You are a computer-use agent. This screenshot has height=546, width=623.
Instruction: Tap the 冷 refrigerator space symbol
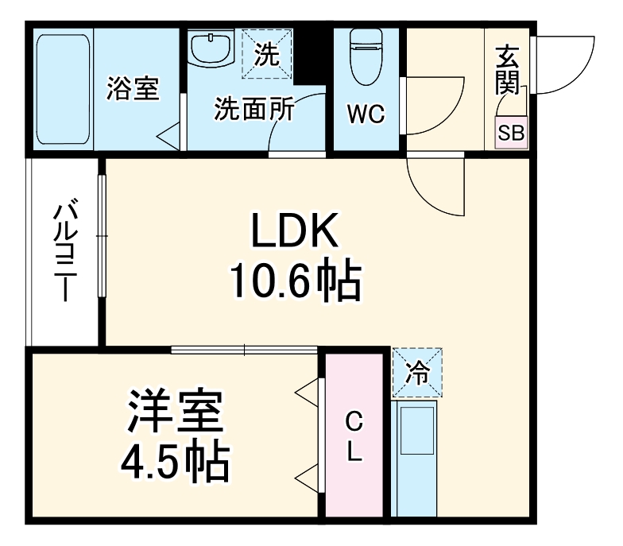(417, 372)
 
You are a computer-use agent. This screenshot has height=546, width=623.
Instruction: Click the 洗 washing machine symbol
(267, 54)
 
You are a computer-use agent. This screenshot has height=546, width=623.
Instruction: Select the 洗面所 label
(254, 110)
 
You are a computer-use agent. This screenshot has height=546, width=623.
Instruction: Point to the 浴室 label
(133, 88)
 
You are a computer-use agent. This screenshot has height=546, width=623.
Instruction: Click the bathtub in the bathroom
(62, 87)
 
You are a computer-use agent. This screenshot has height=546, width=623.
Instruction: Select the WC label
(365, 114)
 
